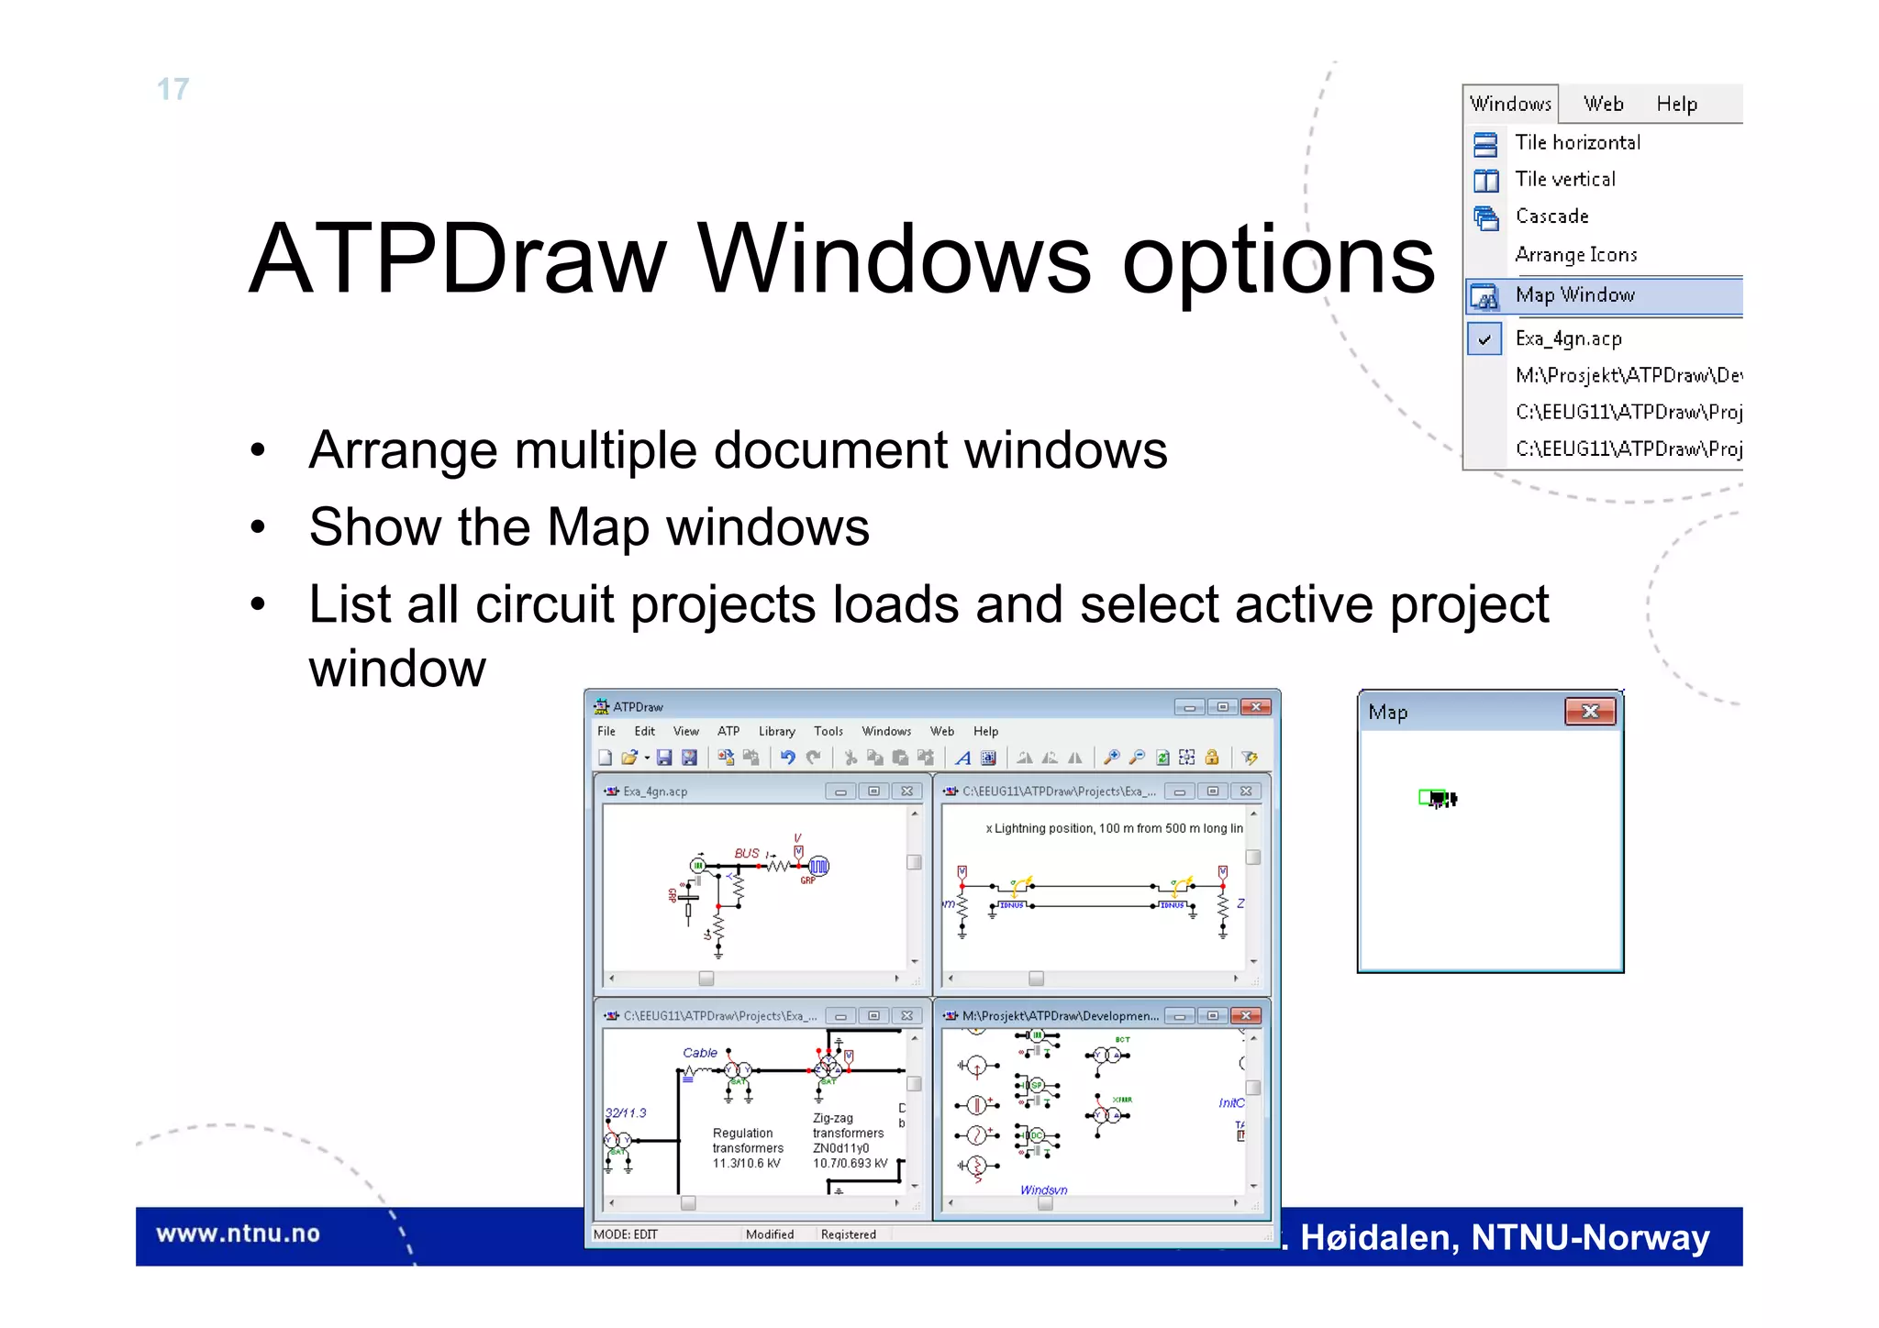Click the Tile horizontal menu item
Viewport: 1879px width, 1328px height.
tap(1576, 143)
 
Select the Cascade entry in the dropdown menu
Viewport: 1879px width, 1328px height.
tap(1551, 216)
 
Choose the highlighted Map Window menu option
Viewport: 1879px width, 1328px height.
tap(1574, 295)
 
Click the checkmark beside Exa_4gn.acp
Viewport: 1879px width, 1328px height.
tap(1484, 339)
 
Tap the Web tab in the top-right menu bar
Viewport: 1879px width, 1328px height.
tap(1603, 105)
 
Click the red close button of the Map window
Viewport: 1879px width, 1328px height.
tap(1590, 712)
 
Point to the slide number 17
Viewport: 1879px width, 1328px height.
tap(172, 89)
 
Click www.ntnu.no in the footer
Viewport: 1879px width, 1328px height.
tap(238, 1234)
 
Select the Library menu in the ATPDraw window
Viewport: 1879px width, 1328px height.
tap(776, 732)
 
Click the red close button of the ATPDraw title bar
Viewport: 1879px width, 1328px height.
tap(1255, 707)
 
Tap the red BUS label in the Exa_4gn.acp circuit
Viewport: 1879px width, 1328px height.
tap(747, 853)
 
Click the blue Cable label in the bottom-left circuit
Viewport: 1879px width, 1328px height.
tap(700, 1053)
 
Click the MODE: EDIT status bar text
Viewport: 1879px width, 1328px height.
tap(626, 1234)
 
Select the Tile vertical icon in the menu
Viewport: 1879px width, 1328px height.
tap(1485, 181)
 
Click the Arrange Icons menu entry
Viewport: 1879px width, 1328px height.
tap(1575, 255)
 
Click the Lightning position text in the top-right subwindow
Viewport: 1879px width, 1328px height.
tap(1114, 828)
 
